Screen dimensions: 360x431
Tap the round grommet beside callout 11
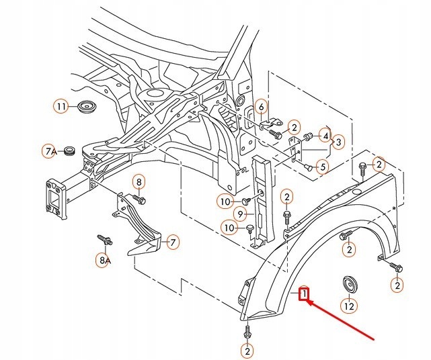[x=85, y=107]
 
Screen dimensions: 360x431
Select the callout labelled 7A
[x=51, y=152]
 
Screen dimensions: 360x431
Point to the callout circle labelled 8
[x=139, y=181]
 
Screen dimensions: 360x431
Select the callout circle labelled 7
[x=172, y=242]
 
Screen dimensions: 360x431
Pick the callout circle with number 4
[x=325, y=136]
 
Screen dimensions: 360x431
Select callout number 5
[x=322, y=167]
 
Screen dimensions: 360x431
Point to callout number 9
[x=239, y=214]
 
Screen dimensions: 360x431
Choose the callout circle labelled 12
[x=348, y=306]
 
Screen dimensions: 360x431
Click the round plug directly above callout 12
[x=348, y=283]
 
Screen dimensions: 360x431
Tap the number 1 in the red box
[x=304, y=293]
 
